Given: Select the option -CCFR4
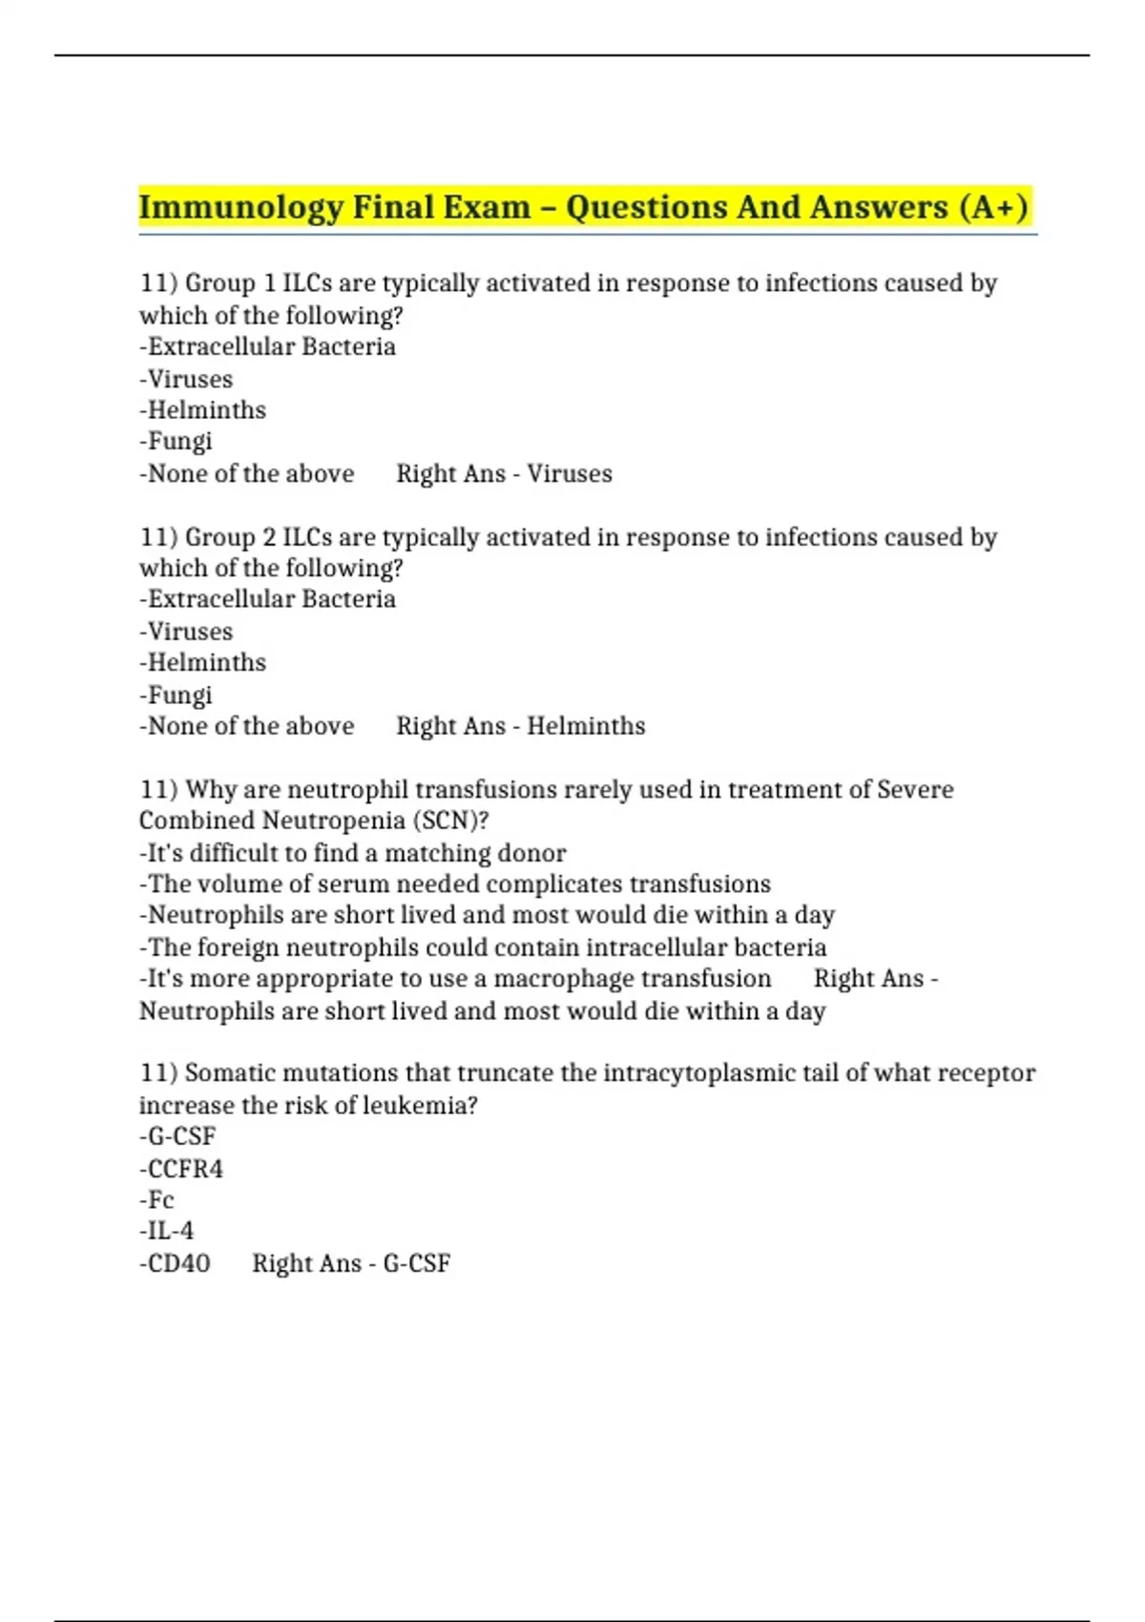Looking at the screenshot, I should point(181,1169).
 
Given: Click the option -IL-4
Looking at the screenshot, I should point(166,1231).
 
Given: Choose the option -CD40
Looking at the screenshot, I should point(175,1263).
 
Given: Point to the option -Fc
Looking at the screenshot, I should point(156,1199).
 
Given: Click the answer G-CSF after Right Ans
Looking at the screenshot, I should point(416,1263).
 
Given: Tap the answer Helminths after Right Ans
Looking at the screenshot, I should point(586,726).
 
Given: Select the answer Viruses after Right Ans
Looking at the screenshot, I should point(570,473).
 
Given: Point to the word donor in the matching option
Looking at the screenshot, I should point(533,853).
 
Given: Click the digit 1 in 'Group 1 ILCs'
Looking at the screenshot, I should point(270,283).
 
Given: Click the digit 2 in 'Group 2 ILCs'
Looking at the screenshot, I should point(270,537).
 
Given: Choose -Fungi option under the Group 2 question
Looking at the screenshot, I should point(176,695).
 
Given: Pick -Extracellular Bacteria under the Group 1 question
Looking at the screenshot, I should point(267,346).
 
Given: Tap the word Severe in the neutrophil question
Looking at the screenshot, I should point(915,790).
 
